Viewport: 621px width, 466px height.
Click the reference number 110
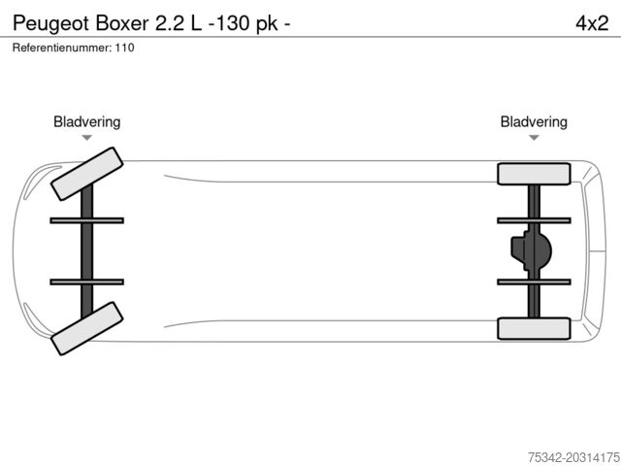[124, 48]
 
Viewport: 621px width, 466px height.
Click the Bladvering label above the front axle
[87, 122]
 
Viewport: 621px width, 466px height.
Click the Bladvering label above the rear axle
[534, 122]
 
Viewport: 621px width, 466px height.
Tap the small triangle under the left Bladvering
[87, 139]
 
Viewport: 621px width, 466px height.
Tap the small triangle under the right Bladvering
[534, 139]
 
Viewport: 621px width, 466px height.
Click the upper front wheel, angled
[85, 173]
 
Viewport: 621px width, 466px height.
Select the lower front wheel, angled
[85, 327]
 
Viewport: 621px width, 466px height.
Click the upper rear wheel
[533, 174]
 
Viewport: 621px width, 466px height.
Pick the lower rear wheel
[533, 328]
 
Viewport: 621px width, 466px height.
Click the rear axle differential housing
[531, 250]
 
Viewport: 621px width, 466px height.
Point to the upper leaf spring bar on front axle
[87, 220]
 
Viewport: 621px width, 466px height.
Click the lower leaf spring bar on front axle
[87, 282]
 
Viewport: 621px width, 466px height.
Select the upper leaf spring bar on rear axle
[533, 220]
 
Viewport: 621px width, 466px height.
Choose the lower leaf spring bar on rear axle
[533, 282]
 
